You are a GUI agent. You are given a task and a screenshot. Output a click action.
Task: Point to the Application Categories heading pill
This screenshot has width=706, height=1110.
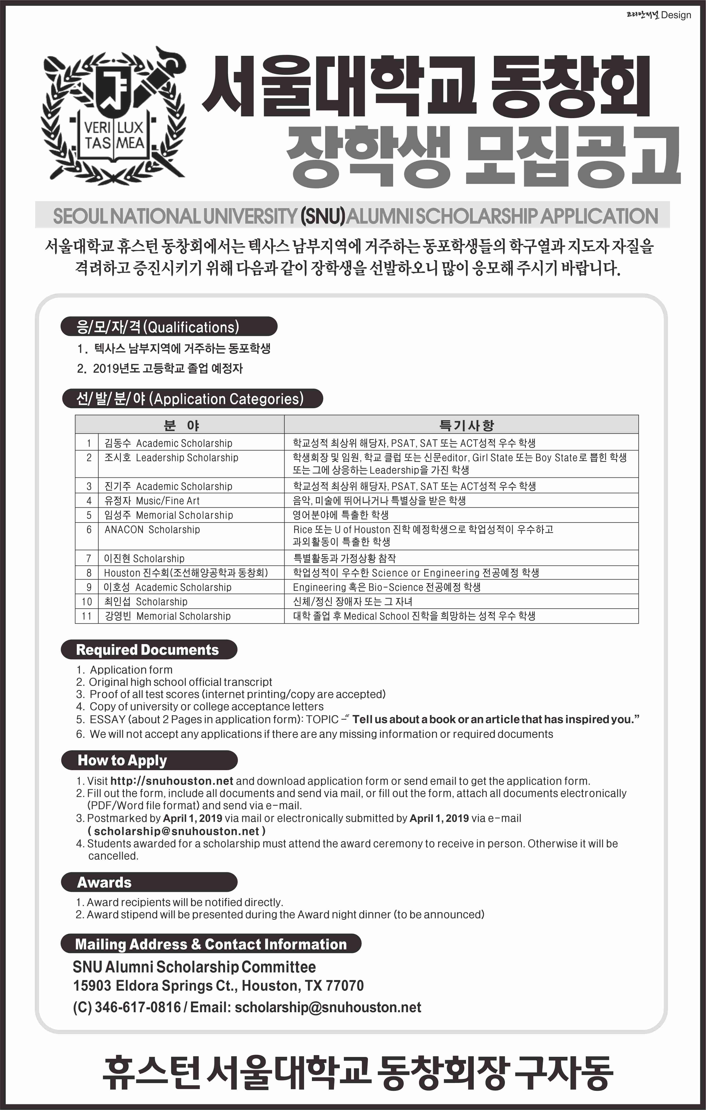pyautogui.click(x=192, y=399)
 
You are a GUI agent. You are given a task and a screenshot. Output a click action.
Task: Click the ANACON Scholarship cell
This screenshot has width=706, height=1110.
pyautogui.click(x=152, y=530)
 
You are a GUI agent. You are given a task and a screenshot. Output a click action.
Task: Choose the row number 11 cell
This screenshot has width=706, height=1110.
pyautogui.click(x=87, y=616)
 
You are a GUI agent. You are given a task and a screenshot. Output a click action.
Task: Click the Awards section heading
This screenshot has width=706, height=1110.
pyautogui.click(x=104, y=882)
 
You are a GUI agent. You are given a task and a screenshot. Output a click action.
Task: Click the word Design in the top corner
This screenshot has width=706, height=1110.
pyautogui.click(x=676, y=15)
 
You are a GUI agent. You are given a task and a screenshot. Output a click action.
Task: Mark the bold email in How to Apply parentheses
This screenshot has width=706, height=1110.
pyautogui.click(x=176, y=831)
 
